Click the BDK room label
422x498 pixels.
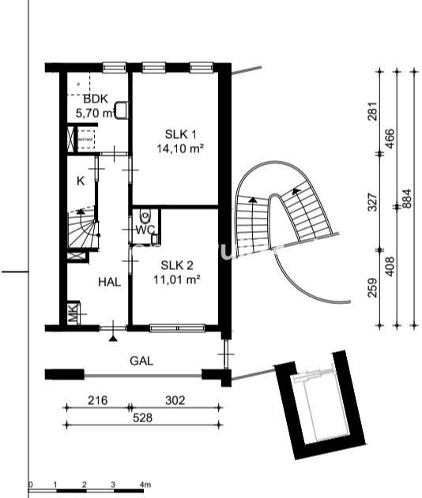pyautogui.click(x=96, y=99)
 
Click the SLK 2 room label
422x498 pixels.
pyautogui.click(x=175, y=265)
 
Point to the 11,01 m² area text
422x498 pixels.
pyautogui.click(x=175, y=279)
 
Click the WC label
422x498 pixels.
pyautogui.click(x=144, y=230)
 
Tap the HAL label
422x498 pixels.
pyautogui.click(x=109, y=282)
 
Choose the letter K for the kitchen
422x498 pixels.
pyautogui.click(x=80, y=181)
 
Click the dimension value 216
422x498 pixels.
pyautogui.click(x=96, y=401)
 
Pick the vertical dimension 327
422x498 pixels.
pyautogui.click(x=373, y=202)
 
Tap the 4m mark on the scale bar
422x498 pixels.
pyautogui.click(x=145, y=483)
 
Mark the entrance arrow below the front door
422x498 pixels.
pyautogui.click(x=113, y=337)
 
